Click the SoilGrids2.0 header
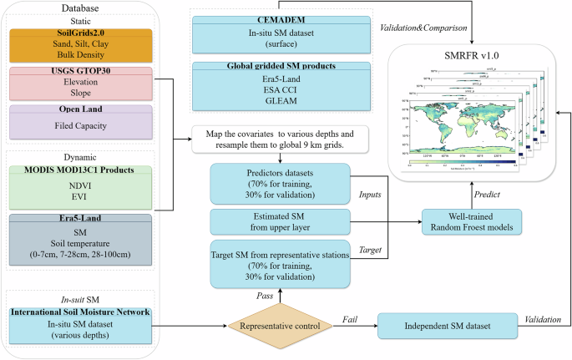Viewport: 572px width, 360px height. (x=80, y=33)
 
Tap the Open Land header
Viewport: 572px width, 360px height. (x=80, y=109)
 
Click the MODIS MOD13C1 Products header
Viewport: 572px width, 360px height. (x=80, y=170)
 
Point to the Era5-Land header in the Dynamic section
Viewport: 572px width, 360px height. (x=80, y=219)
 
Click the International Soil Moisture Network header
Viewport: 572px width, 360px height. (x=80, y=312)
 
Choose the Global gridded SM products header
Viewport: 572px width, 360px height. (x=266, y=68)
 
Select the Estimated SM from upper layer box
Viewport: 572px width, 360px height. (x=266, y=221)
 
